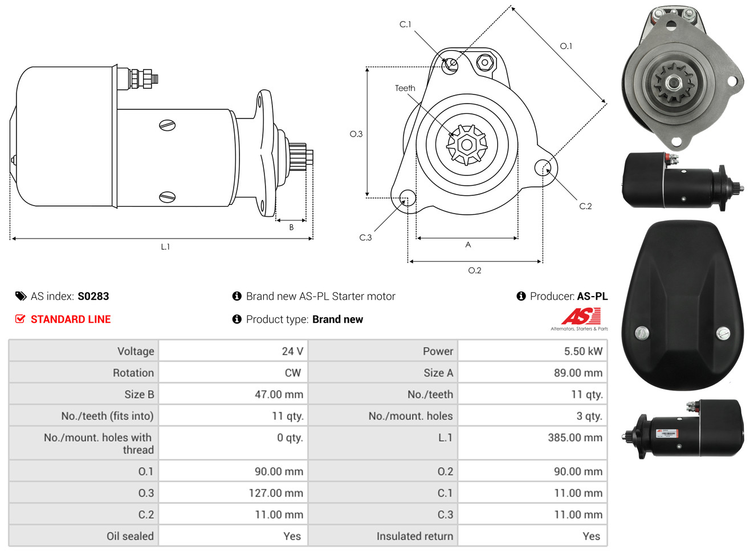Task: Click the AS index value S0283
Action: (x=93, y=296)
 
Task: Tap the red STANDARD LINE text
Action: (x=70, y=319)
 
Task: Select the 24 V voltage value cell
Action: (x=292, y=351)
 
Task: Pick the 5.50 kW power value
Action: (x=582, y=351)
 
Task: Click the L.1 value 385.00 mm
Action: (x=574, y=438)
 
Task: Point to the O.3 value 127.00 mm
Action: (x=276, y=493)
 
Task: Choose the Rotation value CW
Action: (x=292, y=373)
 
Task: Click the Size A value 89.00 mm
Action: (x=577, y=373)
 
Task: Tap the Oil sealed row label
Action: (x=130, y=536)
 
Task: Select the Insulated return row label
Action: (x=414, y=536)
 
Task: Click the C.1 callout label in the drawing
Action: (x=405, y=24)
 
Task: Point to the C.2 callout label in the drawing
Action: (x=585, y=206)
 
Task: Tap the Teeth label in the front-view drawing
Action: (x=405, y=88)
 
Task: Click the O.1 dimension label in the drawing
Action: (x=566, y=46)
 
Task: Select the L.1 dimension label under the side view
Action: (x=165, y=247)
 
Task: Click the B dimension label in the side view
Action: (x=291, y=227)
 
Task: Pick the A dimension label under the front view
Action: (x=468, y=245)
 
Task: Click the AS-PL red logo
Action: (x=580, y=317)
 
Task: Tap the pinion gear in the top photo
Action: (x=674, y=83)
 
